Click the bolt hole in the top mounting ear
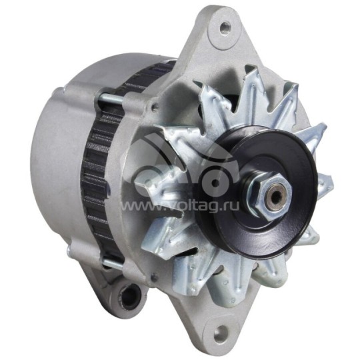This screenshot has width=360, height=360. click(x=225, y=27)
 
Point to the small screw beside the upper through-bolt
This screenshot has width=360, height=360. click(x=155, y=106)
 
